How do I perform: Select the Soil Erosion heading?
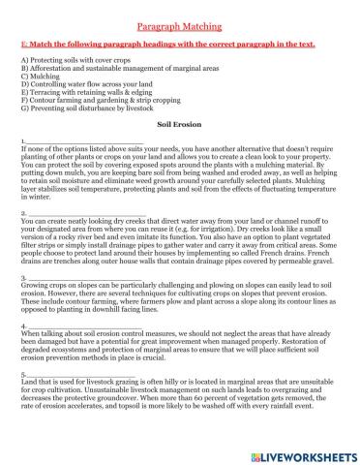(x=179, y=126)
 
